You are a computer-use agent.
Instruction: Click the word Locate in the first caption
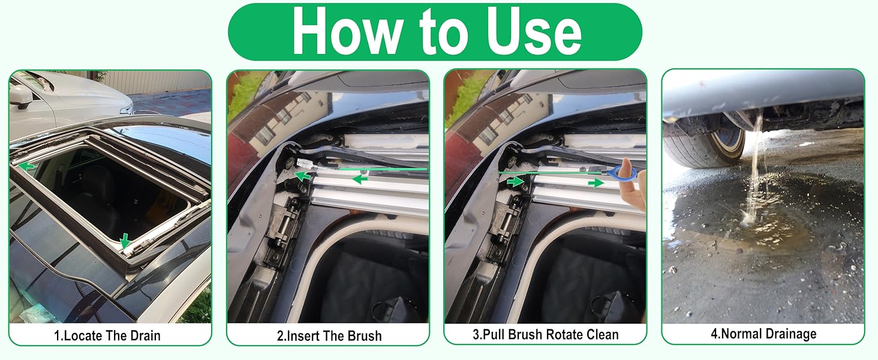click(x=82, y=335)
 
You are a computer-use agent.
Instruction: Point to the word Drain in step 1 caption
click(x=142, y=335)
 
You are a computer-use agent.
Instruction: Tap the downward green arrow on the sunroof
click(x=125, y=241)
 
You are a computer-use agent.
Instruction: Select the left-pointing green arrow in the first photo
click(x=26, y=166)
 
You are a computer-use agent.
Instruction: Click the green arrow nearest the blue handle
click(x=596, y=182)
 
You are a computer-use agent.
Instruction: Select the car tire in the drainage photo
click(x=702, y=144)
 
